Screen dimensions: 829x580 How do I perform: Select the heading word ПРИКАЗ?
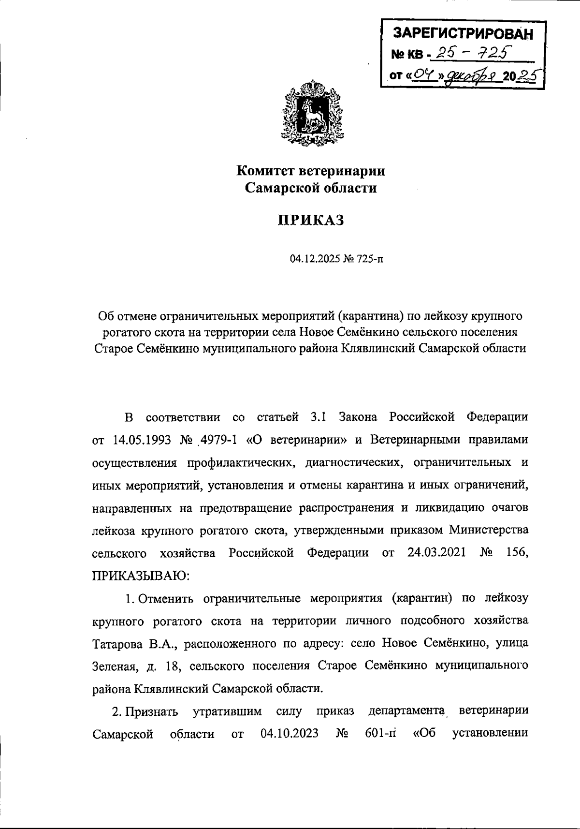[x=311, y=220]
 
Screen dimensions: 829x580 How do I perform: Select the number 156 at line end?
[x=516, y=552]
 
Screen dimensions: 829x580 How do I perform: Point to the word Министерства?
[x=489, y=530]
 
